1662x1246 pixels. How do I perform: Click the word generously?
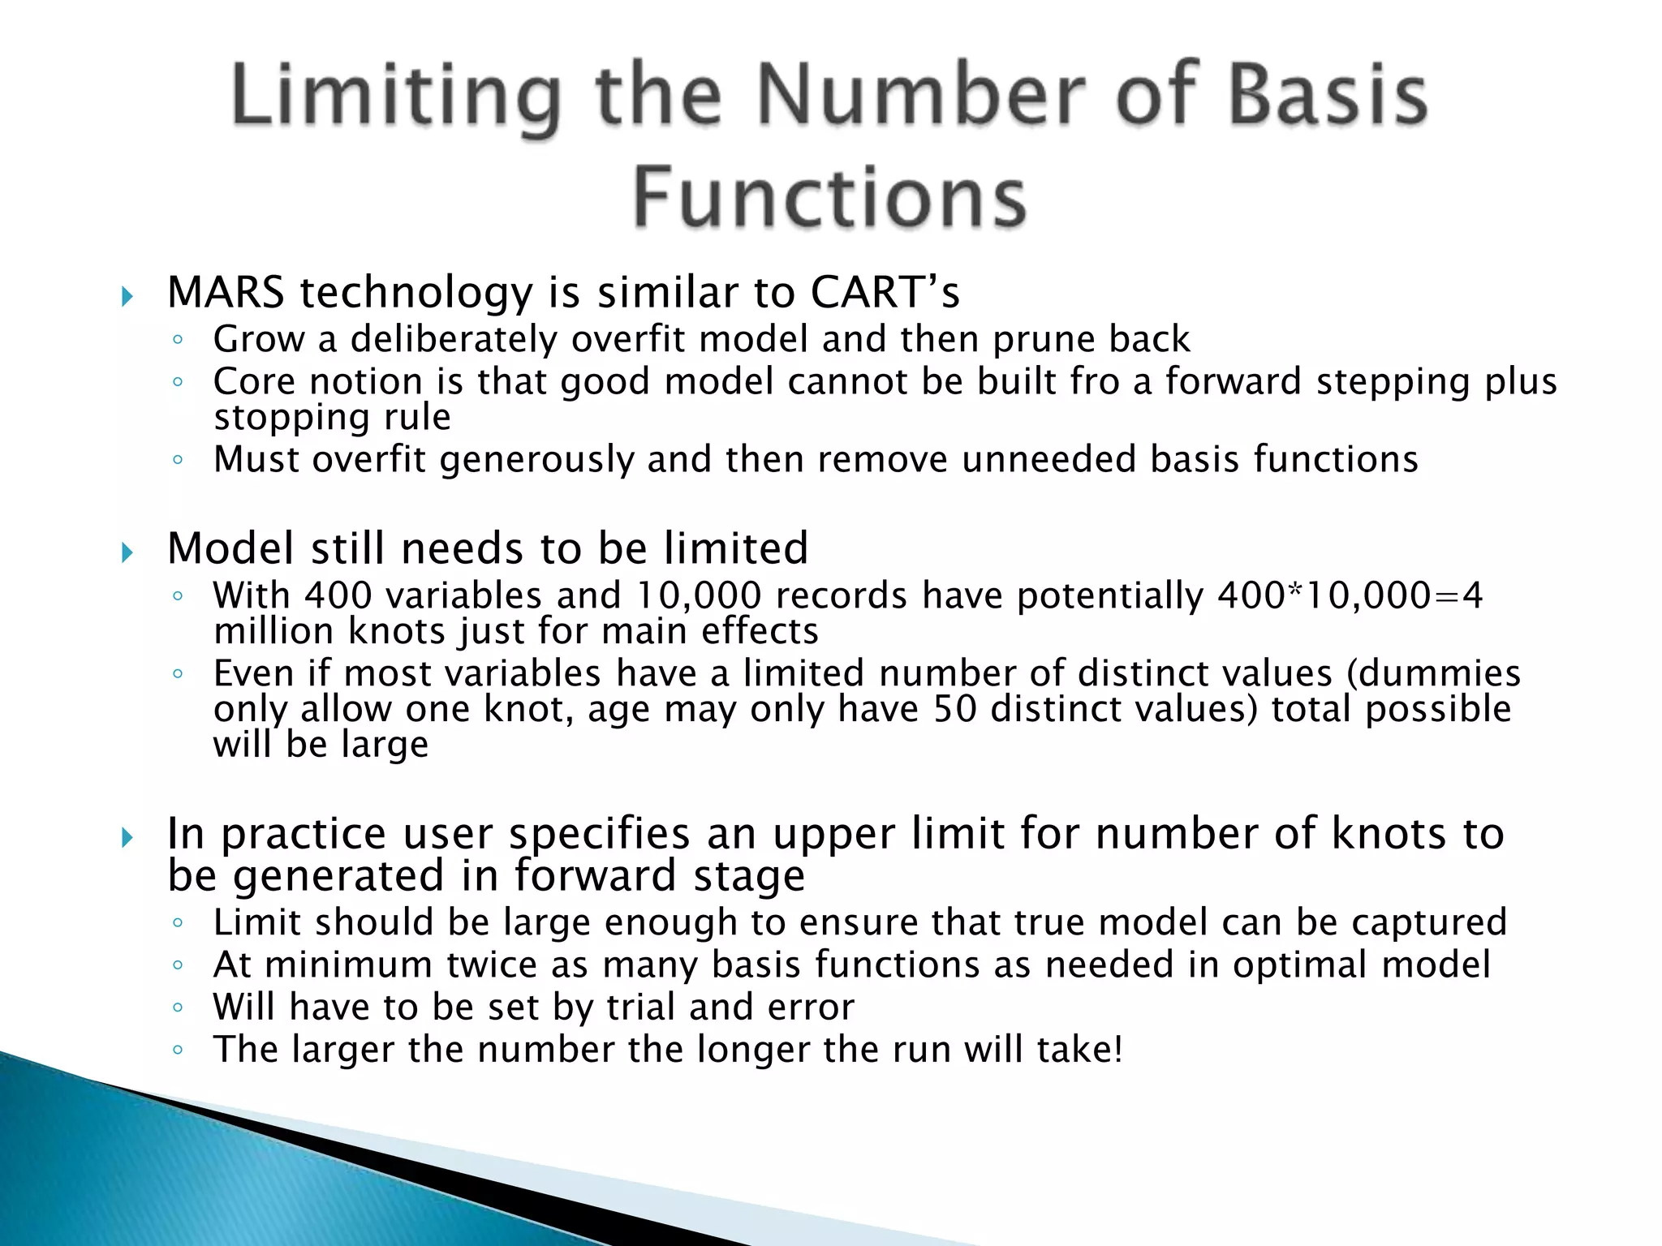[x=536, y=460]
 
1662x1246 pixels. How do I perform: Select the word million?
[x=273, y=631]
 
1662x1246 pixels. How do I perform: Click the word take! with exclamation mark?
[x=1080, y=1050]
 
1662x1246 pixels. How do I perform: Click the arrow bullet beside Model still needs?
[x=127, y=553]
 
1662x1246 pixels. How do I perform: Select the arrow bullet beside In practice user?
[x=127, y=838]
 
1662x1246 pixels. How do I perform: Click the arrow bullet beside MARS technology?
[x=127, y=296]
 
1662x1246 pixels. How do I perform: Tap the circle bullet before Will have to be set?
[x=178, y=1008]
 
